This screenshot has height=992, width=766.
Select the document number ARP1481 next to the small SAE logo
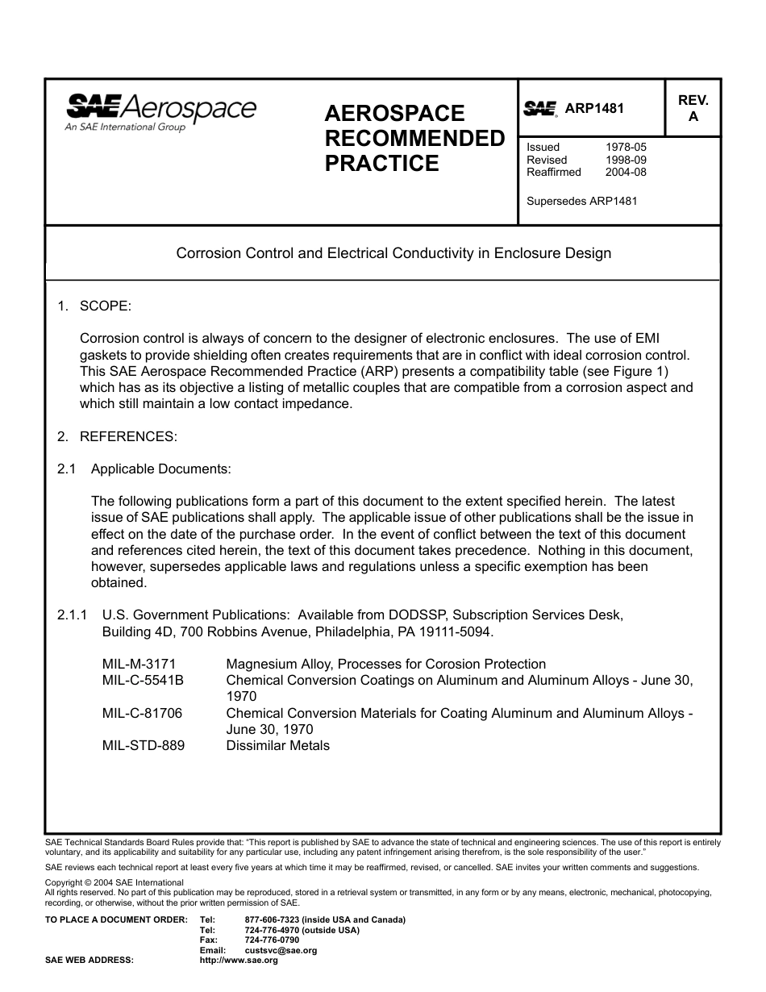coord(594,109)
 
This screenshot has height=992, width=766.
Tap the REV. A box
coord(693,108)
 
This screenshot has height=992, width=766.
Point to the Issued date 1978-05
coord(626,148)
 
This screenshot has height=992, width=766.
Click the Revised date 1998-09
coord(626,160)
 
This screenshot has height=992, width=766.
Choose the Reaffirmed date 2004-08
coord(626,172)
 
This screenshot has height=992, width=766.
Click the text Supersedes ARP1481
coord(581,201)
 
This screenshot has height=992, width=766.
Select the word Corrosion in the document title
coord(206,253)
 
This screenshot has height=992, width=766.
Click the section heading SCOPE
coord(105,306)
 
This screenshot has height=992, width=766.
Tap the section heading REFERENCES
coord(127,436)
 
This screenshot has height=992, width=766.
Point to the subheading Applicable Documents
coord(160,469)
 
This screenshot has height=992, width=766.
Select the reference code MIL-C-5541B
coord(143,681)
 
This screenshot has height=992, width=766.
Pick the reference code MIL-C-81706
coord(142,714)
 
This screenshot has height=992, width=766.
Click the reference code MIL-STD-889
coord(143,746)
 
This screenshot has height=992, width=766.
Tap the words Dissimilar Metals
coord(277,746)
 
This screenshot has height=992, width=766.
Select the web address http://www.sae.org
coord(238,961)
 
